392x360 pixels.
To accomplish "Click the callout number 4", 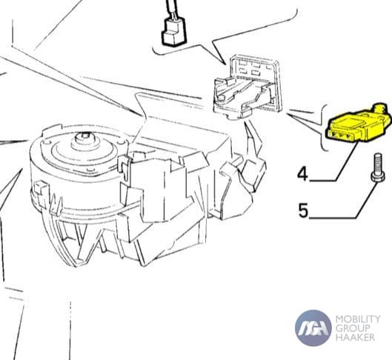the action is coord(302,174).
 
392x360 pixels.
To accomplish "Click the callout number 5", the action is coord(303,210).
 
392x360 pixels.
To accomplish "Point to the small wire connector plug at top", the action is coord(174,33).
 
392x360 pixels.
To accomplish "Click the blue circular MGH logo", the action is coord(313,328).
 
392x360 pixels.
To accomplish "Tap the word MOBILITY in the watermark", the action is coord(358,319).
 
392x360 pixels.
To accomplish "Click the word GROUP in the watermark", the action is coord(353,328).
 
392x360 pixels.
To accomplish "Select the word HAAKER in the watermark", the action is coord(355,337).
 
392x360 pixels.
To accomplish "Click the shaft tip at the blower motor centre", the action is coord(84,136).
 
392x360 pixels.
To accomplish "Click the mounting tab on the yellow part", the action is coord(380,109).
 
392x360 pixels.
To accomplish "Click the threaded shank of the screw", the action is coord(378,162).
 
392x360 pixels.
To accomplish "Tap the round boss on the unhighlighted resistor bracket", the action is coord(221,99).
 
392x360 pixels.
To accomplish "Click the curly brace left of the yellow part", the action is coord(323,127).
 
